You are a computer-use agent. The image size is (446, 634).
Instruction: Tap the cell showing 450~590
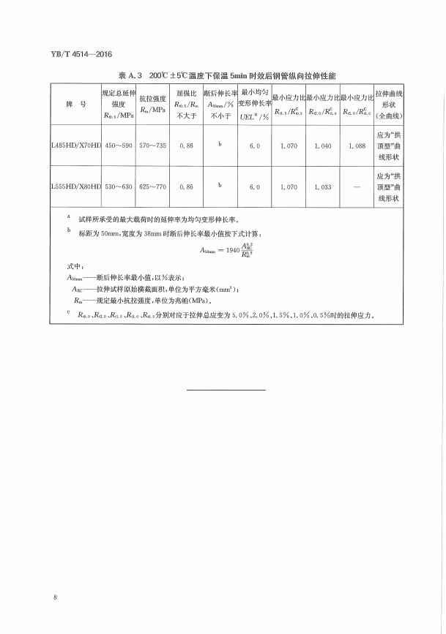click(118, 146)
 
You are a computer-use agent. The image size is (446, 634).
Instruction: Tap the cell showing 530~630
click(118, 187)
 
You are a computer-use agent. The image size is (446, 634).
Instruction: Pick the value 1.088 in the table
click(357, 146)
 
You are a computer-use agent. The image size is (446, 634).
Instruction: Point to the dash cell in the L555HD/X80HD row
click(357, 187)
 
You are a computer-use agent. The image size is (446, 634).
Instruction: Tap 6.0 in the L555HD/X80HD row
click(254, 187)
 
